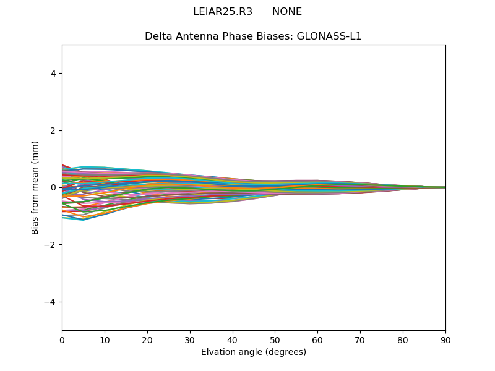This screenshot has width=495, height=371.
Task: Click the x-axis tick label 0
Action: click(62, 339)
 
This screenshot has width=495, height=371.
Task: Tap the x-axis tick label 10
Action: click(105, 339)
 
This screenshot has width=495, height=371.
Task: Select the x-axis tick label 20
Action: click(147, 339)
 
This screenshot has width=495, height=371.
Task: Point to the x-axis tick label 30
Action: click(190, 339)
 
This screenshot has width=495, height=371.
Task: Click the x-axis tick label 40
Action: click(233, 339)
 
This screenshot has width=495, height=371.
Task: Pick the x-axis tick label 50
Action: click(275, 339)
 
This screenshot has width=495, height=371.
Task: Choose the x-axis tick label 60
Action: click(317, 339)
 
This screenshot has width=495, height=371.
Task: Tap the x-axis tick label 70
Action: click(360, 339)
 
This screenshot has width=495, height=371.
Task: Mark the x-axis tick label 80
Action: click(403, 339)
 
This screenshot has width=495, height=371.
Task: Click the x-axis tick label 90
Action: click(445, 339)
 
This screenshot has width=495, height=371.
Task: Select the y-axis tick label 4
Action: click(53, 74)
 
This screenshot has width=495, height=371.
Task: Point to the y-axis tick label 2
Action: click(53, 130)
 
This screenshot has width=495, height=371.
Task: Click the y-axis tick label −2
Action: click(51, 245)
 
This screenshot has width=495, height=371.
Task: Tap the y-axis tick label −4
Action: click(51, 302)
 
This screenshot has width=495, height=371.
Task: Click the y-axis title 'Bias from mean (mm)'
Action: click(35, 187)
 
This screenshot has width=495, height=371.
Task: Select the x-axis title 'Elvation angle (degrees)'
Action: click(254, 352)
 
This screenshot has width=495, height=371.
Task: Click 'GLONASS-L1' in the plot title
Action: click(329, 36)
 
